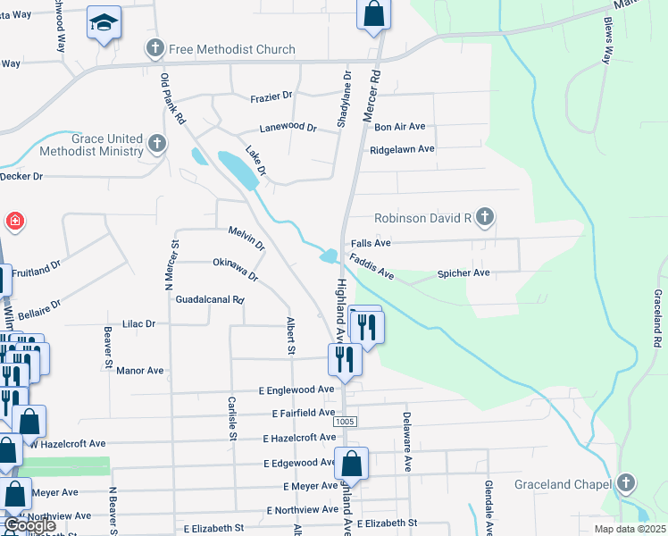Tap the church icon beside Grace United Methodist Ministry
point(158,143)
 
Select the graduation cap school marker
point(104,21)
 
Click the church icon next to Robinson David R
point(484,216)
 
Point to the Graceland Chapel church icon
point(626,483)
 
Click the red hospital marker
point(15,221)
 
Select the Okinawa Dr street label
point(236,269)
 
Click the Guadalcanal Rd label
point(210,300)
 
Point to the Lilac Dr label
point(138,323)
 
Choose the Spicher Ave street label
point(463,272)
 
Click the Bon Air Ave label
point(399,127)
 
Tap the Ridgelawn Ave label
point(402,149)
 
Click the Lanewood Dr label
point(288,128)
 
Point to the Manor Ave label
point(140,370)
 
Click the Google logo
point(30,526)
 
